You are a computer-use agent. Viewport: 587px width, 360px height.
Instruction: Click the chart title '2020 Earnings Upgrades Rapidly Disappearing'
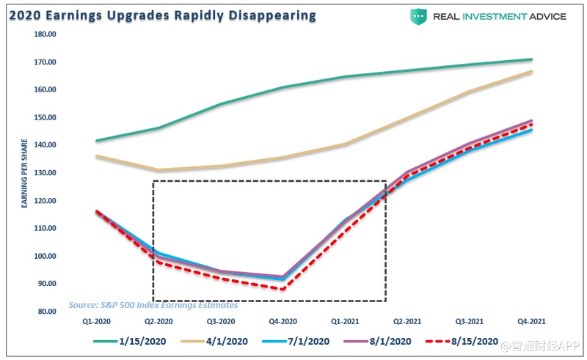click(163, 15)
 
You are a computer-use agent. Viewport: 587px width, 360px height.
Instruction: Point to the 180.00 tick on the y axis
click(45, 34)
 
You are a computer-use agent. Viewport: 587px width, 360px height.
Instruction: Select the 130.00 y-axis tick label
click(45, 173)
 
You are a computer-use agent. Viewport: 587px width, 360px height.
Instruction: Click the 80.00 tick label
click(47, 312)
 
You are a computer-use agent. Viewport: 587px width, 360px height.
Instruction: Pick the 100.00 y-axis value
click(45, 256)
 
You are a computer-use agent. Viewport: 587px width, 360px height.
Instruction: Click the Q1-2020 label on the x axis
click(96, 321)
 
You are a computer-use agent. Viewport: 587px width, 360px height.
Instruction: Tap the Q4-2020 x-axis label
click(283, 321)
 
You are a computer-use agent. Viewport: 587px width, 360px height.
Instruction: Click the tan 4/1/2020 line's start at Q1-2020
click(97, 156)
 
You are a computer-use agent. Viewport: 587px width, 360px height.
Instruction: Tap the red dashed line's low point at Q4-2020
click(283, 289)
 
